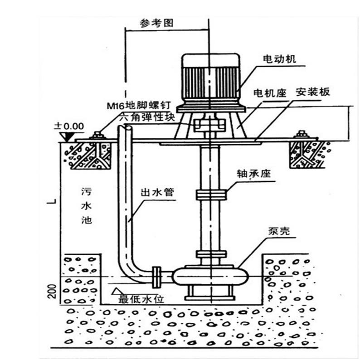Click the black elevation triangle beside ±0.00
click(70, 136)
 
